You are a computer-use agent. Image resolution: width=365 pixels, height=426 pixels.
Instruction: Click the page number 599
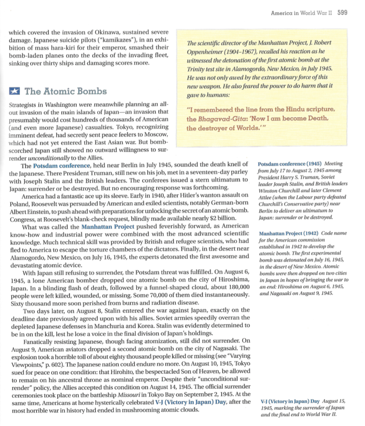[x=342, y=13]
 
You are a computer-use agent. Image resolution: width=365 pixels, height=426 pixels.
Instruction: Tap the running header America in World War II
[x=301, y=13]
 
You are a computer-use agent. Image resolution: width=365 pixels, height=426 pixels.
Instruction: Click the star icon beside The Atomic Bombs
[x=15, y=91]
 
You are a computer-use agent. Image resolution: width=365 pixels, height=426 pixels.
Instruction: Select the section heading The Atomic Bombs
[x=66, y=91]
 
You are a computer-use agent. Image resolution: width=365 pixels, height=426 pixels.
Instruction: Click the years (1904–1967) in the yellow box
[x=243, y=52]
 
